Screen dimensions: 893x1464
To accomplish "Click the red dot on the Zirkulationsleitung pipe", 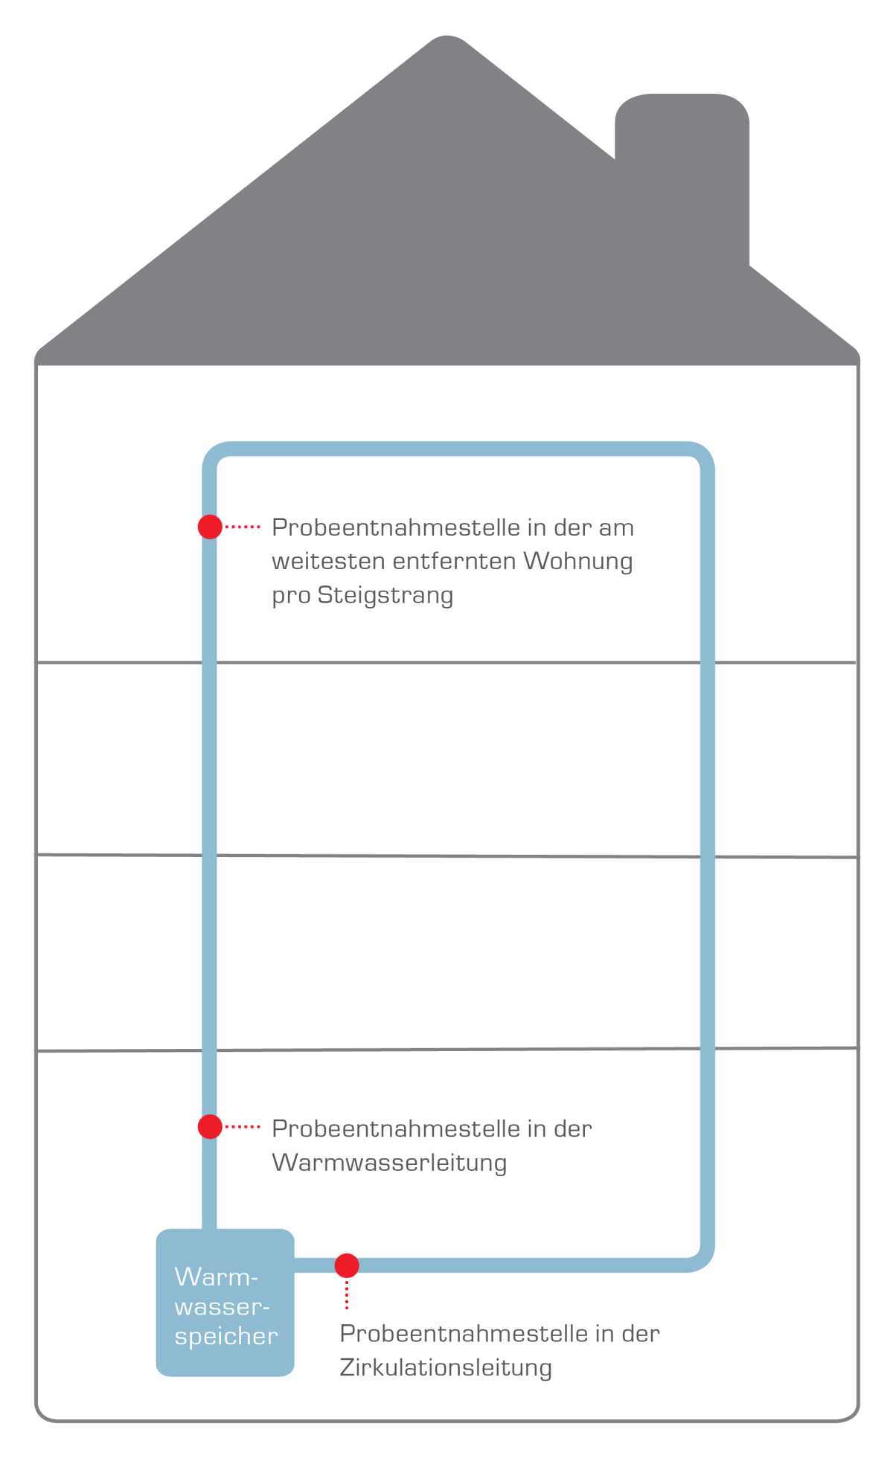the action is coord(347,1265).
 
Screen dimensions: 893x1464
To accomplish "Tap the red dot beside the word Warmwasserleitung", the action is coord(210,1127).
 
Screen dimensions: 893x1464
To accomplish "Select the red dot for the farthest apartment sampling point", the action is coord(210,527).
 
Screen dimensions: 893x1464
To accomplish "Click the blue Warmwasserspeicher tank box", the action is coord(225,1303).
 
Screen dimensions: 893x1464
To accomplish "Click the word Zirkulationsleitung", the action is coord(446,1367).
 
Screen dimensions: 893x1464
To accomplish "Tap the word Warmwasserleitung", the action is coord(389,1162).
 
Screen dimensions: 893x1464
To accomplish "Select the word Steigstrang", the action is coord(385,596).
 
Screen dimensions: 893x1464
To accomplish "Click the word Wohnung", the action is coord(578,561).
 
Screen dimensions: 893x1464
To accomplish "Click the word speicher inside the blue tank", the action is coord(226,1337).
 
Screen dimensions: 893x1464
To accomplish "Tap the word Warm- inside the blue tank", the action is coord(217,1277).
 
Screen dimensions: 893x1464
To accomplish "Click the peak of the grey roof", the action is coord(447,36).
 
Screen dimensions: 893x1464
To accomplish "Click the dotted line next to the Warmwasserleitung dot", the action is coord(243,1127).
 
